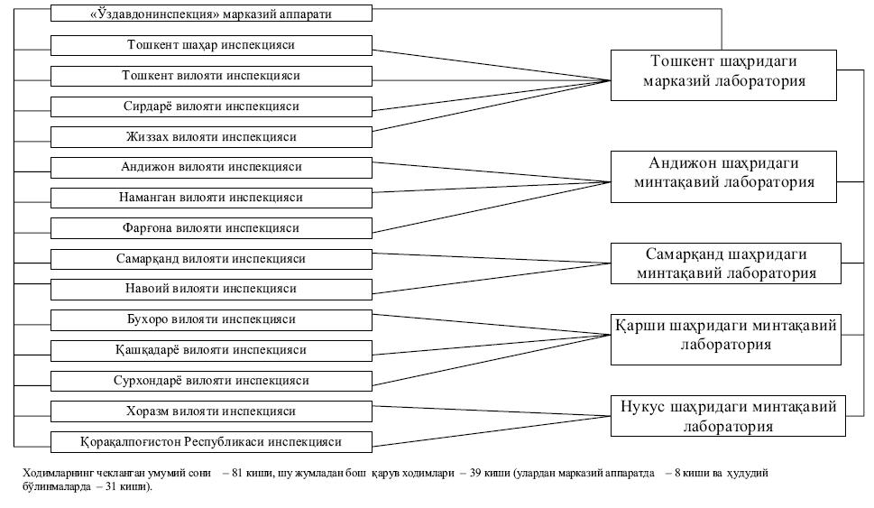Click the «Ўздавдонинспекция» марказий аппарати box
click(x=211, y=14)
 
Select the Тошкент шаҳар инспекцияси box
click(x=211, y=44)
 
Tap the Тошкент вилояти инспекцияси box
click(x=211, y=76)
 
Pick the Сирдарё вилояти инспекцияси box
click(x=211, y=106)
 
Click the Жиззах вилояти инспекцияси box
click(x=211, y=137)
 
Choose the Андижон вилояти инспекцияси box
click(x=211, y=167)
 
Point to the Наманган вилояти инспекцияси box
click(x=211, y=198)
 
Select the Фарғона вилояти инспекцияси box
click(x=211, y=228)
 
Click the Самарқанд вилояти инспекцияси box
click(x=211, y=259)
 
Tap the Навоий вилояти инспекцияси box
click(x=211, y=290)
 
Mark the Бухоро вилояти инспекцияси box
click(x=211, y=320)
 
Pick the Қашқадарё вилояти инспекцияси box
click(x=211, y=350)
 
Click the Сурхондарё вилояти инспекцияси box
click(x=211, y=381)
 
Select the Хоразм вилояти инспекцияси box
click(x=211, y=411)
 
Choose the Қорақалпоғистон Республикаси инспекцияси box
click(x=211, y=442)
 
